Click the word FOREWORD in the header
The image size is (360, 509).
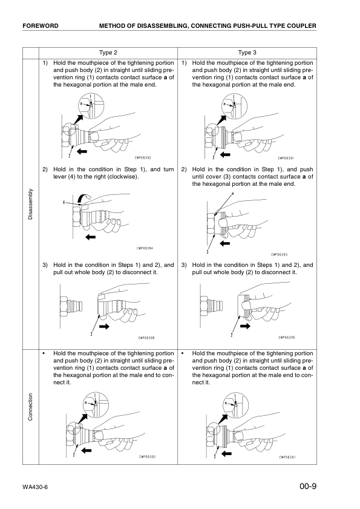[x=41, y=26]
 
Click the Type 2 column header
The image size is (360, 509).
[x=108, y=53]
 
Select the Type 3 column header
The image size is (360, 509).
[x=247, y=53]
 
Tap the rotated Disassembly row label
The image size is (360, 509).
[x=30, y=204]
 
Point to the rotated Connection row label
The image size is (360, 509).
[x=30, y=407]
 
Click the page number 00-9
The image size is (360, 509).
[x=308, y=486]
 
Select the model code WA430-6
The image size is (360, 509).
[x=35, y=488]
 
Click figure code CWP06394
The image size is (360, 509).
[x=145, y=248]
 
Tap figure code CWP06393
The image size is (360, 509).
[x=279, y=254]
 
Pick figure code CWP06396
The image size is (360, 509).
[x=146, y=338]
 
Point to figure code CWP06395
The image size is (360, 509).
[x=287, y=337]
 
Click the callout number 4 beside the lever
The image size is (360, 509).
[x=64, y=203]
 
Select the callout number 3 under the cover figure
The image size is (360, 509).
[x=208, y=252]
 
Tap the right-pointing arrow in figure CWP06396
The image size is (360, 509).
[x=104, y=326]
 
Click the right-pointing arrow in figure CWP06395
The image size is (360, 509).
[x=245, y=326]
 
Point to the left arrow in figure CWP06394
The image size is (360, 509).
[x=91, y=237]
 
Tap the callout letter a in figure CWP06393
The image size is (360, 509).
[x=233, y=194]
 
